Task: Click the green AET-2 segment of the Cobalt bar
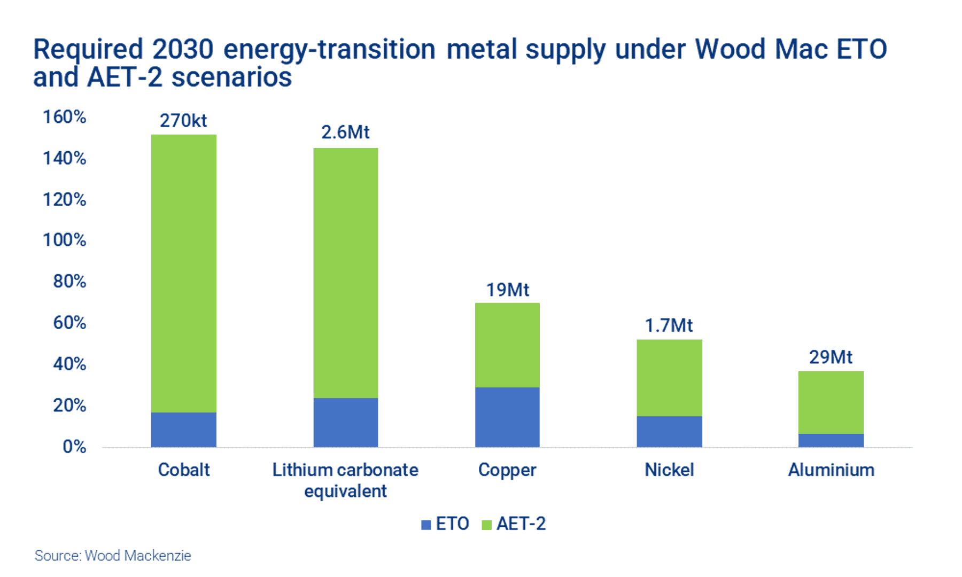point(183,272)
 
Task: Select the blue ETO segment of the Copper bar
point(507,417)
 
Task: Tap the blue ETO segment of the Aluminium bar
point(831,440)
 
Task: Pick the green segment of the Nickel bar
point(669,377)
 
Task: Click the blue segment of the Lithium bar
point(345,422)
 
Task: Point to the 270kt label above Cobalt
point(183,121)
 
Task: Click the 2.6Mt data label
point(345,132)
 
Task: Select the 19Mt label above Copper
point(507,290)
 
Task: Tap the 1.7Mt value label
point(669,325)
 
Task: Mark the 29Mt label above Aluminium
point(831,357)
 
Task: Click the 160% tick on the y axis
point(65,117)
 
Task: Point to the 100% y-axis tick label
point(65,240)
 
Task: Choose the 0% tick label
point(74,447)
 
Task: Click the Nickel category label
point(669,470)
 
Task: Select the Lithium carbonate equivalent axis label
point(345,480)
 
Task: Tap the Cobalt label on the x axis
point(183,470)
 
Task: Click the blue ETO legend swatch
point(426,525)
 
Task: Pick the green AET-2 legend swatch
point(486,525)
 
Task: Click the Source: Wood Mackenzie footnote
point(113,556)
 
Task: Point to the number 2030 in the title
point(183,49)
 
